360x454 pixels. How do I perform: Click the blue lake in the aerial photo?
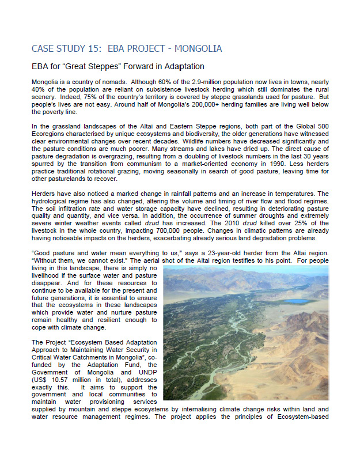click(298, 301)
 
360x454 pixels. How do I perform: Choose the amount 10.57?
click(62, 380)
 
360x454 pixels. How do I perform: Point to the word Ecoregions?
click(50, 134)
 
